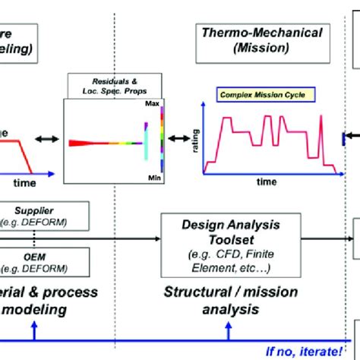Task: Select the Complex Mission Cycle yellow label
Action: point(256,96)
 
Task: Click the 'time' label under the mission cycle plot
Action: point(265,182)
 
